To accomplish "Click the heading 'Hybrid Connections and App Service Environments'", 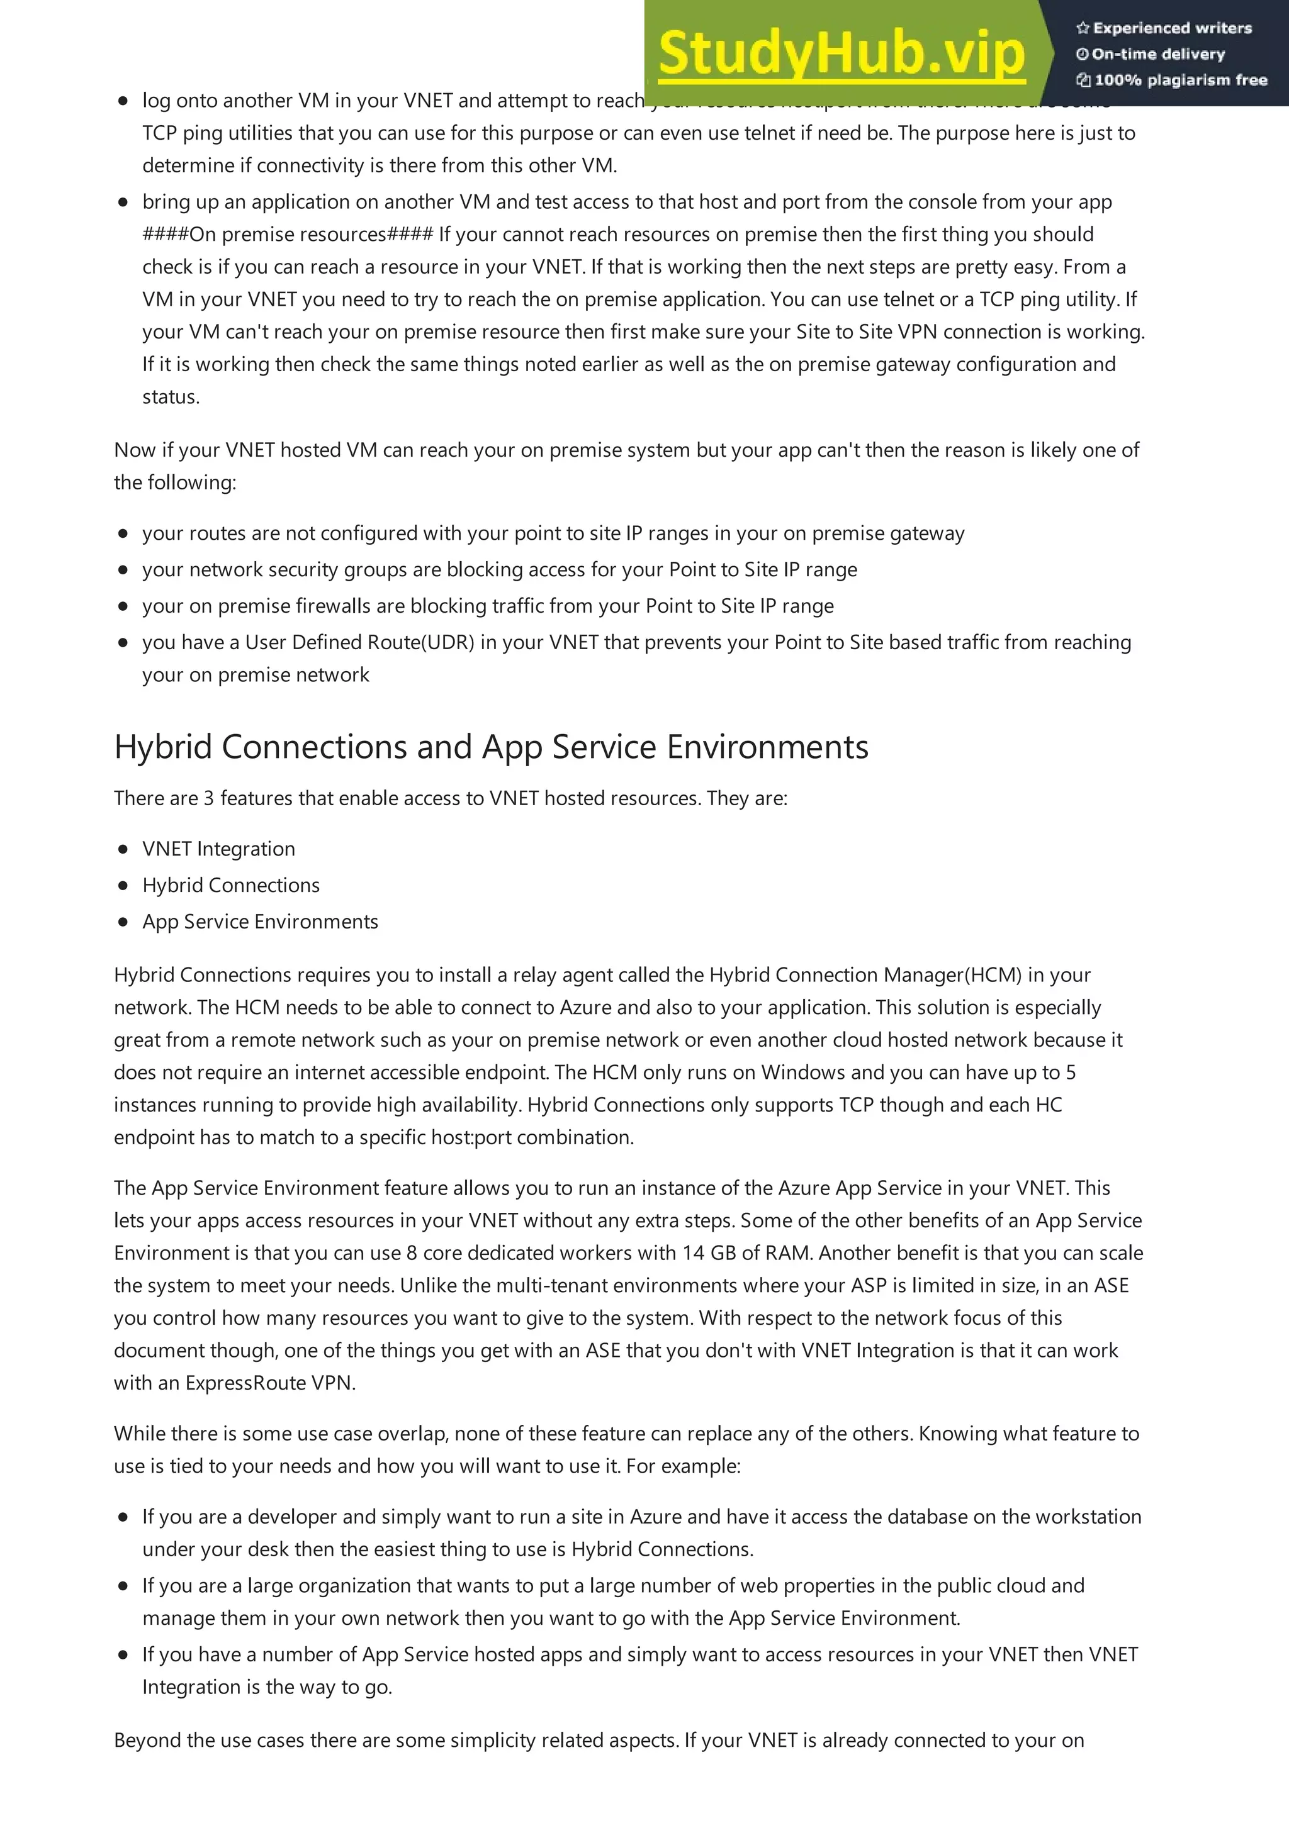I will [x=491, y=747].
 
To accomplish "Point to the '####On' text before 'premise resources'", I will [x=179, y=234].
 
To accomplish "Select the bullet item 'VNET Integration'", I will [x=218, y=849].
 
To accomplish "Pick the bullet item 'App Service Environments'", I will [x=260, y=922].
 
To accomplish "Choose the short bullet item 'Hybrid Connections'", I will [x=230, y=885].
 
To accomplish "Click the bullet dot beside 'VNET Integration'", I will [x=123, y=849].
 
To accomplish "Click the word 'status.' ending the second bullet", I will [x=171, y=397].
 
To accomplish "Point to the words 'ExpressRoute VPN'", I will [x=269, y=1383].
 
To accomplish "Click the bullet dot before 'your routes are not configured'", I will [x=123, y=533].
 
